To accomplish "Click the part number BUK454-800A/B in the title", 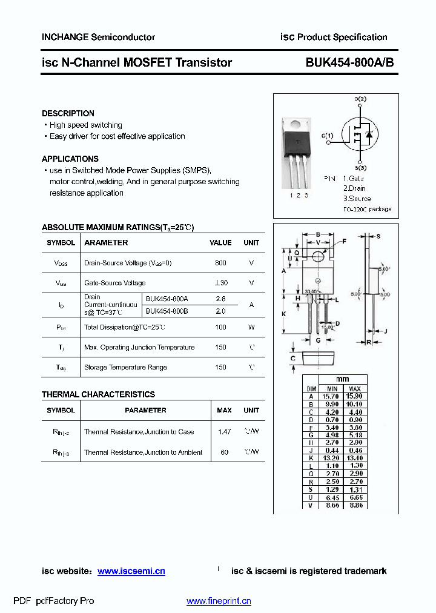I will click(349, 62).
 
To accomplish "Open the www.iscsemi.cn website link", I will click(131, 571).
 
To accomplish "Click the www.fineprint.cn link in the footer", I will click(219, 601).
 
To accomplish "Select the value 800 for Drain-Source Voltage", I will click(220, 263).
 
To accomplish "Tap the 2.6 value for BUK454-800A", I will click(220, 299).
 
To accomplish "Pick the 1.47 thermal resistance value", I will click(224, 432).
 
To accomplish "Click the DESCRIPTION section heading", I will click(68, 113).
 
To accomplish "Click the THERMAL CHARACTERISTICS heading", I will click(98, 394).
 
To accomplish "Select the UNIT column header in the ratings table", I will click(251, 242).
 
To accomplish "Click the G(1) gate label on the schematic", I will click(327, 135).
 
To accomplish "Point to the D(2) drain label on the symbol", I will click(360, 99).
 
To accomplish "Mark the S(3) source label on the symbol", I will click(360, 168).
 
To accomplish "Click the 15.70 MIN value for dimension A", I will click(332, 396).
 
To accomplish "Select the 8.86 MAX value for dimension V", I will click(355, 505).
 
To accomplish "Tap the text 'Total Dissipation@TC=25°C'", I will click(125, 327).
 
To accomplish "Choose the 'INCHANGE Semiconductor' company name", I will click(98, 37).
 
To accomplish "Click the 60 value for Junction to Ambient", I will click(224, 452).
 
